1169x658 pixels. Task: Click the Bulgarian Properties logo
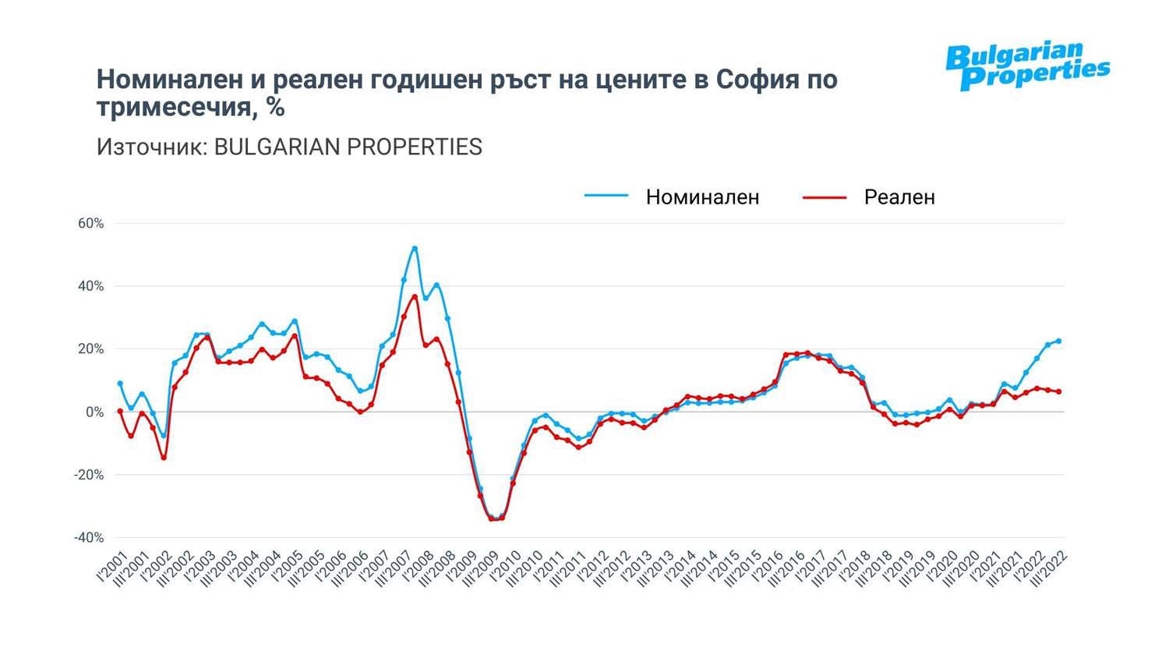point(1027,66)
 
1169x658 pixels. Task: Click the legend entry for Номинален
point(701,197)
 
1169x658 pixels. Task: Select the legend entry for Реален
point(899,197)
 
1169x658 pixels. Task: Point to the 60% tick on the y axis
point(90,224)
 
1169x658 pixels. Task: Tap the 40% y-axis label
point(90,286)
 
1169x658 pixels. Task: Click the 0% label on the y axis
point(94,412)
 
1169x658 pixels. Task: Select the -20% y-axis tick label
point(89,475)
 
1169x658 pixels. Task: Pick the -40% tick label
point(89,538)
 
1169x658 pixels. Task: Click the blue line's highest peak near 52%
point(415,249)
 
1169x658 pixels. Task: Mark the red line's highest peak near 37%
point(415,296)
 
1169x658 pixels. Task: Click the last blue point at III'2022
point(1058,341)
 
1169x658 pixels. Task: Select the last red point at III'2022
point(1058,391)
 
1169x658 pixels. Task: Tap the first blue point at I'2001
point(120,384)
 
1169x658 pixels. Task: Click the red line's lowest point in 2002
point(164,458)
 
